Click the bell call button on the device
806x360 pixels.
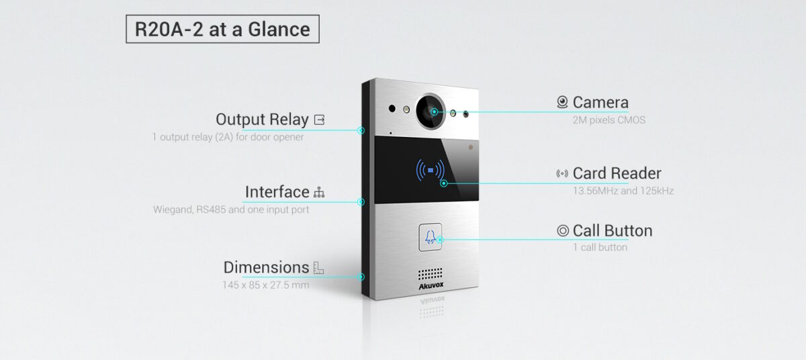click(431, 237)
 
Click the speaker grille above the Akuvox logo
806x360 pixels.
click(431, 275)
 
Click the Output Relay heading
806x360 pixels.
click(262, 120)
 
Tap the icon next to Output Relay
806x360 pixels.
click(319, 120)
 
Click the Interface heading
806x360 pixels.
click(277, 192)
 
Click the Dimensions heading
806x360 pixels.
click(266, 267)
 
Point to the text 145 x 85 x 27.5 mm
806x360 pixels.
click(266, 285)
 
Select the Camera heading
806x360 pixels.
click(600, 103)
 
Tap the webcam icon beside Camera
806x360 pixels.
click(562, 103)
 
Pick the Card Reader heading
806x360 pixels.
click(617, 174)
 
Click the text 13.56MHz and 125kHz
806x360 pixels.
click(623, 191)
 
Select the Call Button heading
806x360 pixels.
click(612, 231)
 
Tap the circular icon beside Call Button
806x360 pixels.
click(563, 231)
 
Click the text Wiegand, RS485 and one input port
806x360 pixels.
click(231, 210)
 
